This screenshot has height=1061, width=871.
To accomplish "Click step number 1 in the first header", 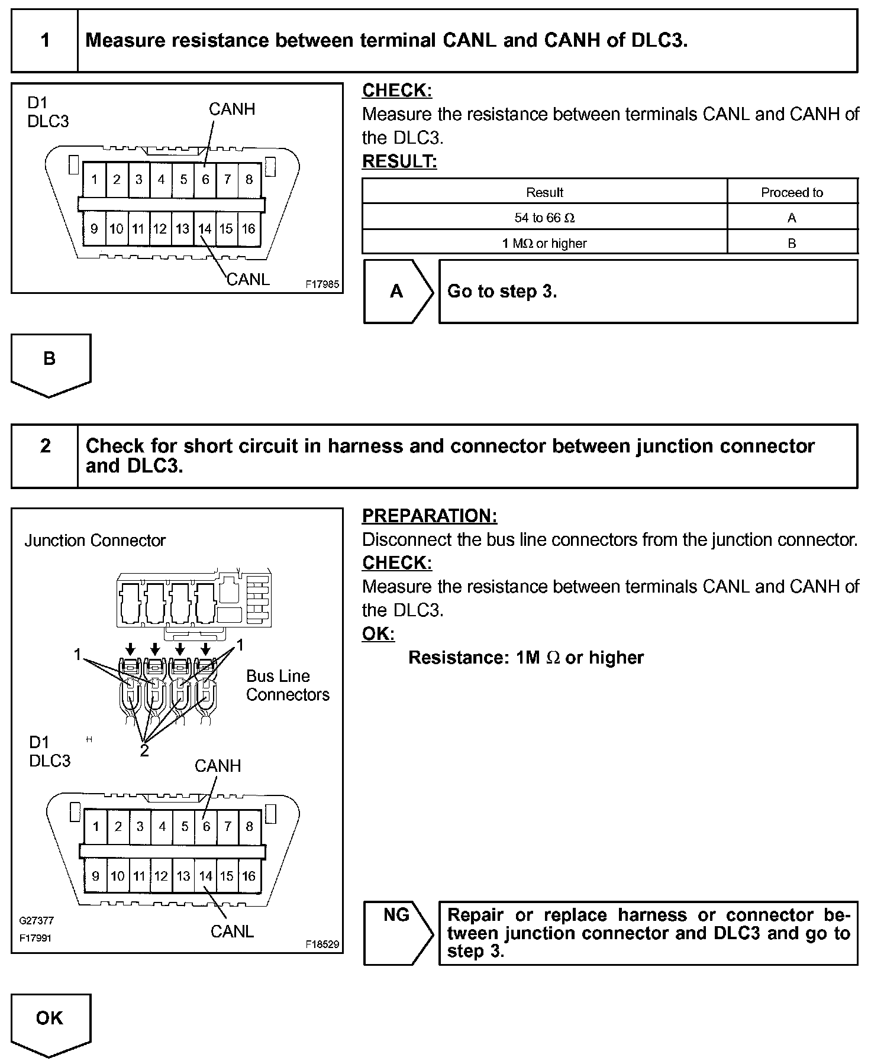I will click(45, 40).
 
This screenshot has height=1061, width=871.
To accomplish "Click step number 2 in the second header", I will click(45, 446).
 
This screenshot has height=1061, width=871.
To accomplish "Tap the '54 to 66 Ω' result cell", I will click(544, 218).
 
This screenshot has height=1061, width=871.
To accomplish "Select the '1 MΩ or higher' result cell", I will click(544, 243).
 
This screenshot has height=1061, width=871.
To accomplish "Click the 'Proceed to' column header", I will click(792, 192).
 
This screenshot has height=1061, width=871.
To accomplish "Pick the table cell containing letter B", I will click(792, 243).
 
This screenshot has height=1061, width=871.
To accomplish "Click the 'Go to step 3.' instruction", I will click(502, 291).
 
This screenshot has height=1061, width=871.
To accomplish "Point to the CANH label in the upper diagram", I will click(232, 109).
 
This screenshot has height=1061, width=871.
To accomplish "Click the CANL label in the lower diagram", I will click(232, 931).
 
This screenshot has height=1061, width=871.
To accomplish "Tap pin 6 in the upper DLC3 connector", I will click(205, 179).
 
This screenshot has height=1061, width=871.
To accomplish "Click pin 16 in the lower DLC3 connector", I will click(249, 876).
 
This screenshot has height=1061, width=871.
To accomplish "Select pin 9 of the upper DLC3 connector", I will click(94, 228).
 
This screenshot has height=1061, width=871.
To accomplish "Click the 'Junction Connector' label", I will click(95, 541).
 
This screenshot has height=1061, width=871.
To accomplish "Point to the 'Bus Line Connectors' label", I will click(288, 685).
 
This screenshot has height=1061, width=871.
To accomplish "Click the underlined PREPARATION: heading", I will click(430, 516).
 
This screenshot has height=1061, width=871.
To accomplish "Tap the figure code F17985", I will click(322, 284).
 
